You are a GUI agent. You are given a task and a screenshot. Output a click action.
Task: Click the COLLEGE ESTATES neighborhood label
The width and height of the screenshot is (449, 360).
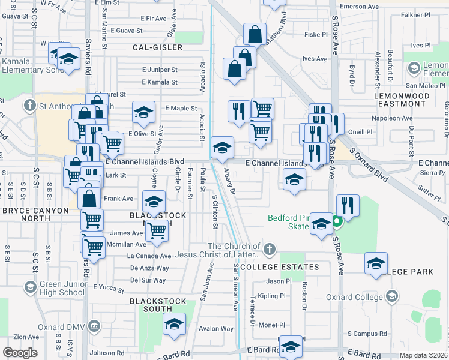pyautogui.click(x=279, y=267)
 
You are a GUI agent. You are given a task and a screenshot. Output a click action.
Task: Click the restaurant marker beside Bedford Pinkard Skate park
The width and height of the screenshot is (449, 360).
pyautogui.click(x=348, y=206)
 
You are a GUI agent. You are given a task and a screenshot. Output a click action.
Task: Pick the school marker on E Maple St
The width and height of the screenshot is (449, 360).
pyautogui.click(x=143, y=112)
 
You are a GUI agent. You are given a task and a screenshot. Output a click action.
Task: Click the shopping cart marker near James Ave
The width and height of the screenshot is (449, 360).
pyautogui.click(x=157, y=230)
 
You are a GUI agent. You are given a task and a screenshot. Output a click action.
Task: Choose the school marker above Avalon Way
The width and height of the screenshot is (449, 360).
pyautogui.click(x=174, y=324)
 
